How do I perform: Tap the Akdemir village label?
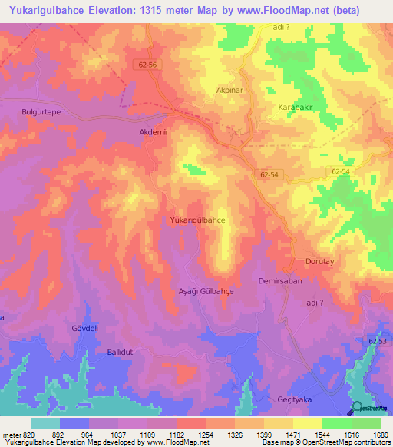point(153,131)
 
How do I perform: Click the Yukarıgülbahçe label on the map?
point(196,220)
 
